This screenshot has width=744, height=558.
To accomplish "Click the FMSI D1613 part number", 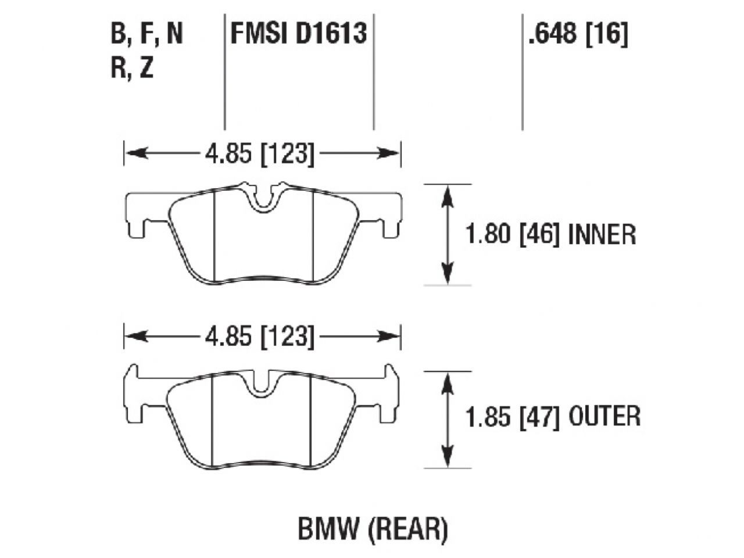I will click(299, 34).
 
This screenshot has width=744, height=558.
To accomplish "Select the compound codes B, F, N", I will click(146, 34).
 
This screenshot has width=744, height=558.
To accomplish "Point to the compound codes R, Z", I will click(132, 69).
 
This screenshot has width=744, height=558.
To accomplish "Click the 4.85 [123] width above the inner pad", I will click(259, 155).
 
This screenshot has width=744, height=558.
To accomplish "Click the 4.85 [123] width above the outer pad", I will click(259, 337).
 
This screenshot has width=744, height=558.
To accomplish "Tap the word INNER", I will click(602, 235).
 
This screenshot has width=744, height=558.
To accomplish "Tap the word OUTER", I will click(604, 417).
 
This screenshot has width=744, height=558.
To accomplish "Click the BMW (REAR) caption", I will click(373, 529).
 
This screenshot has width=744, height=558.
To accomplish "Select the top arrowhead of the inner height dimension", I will click(447, 194).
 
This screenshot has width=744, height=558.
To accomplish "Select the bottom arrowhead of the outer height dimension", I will click(447, 458).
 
